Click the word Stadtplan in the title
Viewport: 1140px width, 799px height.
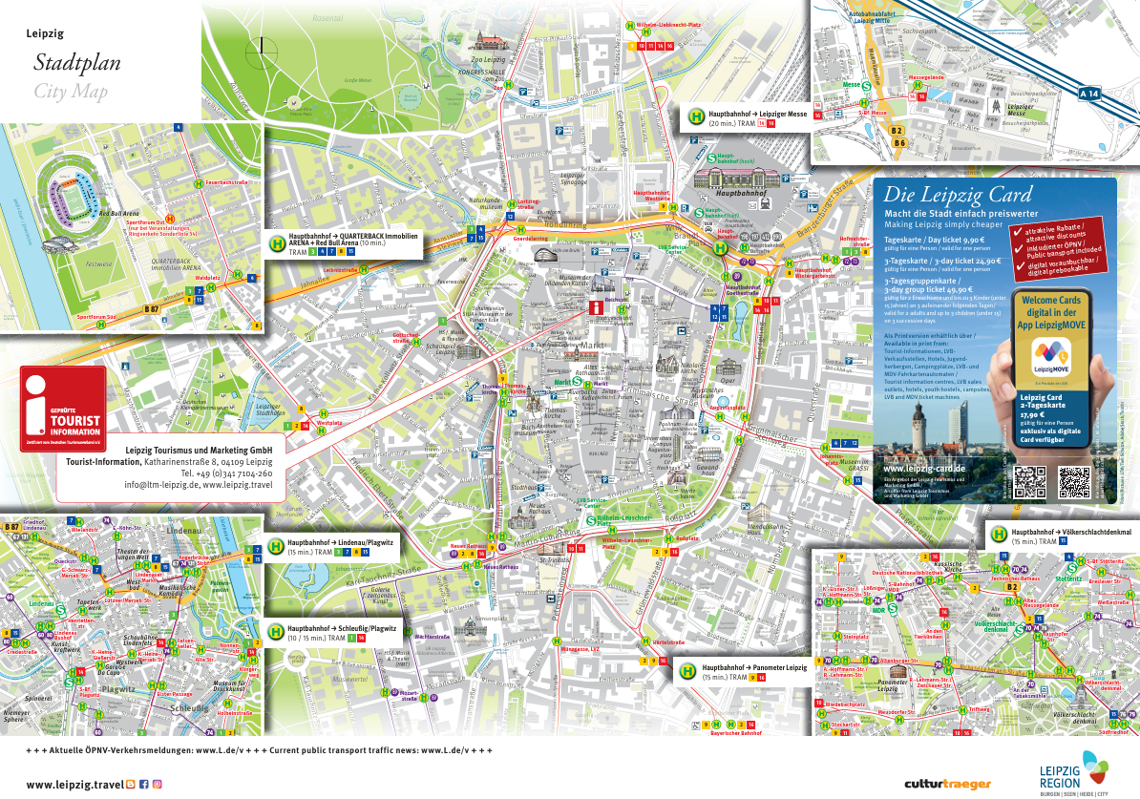tap(77, 64)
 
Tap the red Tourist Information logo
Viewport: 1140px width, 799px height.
tap(63, 409)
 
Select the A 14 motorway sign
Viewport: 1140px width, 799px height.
tap(1089, 94)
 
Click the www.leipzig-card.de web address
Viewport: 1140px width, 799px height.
tap(924, 469)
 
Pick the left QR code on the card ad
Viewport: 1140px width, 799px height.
tap(1030, 483)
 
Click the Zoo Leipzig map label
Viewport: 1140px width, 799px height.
tap(489, 59)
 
